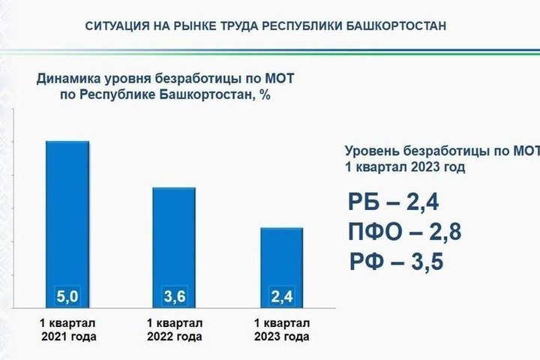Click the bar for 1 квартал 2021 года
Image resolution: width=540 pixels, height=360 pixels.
pyautogui.click(x=67, y=224)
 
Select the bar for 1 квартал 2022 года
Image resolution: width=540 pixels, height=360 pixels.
pyautogui.click(x=174, y=247)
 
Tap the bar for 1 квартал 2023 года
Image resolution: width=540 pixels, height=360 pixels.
pyautogui.click(x=282, y=268)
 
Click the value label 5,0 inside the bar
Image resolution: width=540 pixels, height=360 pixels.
pyautogui.click(x=67, y=296)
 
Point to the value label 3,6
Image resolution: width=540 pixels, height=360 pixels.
pyautogui.click(x=175, y=296)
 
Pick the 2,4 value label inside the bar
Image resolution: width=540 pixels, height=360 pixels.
pyautogui.click(x=282, y=296)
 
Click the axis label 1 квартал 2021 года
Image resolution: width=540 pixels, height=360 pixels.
pyautogui.click(x=68, y=330)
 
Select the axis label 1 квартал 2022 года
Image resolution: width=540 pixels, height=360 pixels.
pyautogui.click(x=175, y=330)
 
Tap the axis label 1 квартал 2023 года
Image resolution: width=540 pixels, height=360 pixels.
pyautogui.click(x=282, y=330)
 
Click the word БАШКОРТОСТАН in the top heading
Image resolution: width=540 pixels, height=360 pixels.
pyautogui.click(x=396, y=25)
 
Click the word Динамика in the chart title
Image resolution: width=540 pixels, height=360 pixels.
pyautogui.click(x=69, y=79)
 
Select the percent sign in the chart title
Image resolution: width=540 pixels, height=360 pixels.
pyautogui.click(x=265, y=94)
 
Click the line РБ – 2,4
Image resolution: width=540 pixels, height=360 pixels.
pyautogui.click(x=393, y=202)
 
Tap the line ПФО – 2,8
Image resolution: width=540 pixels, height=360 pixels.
pyautogui.click(x=405, y=232)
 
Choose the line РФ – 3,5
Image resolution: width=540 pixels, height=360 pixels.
pyautogui.click(x=397, y=262)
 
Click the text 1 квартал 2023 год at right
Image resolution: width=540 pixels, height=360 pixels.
pyautogui.click(x=405, y=167)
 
